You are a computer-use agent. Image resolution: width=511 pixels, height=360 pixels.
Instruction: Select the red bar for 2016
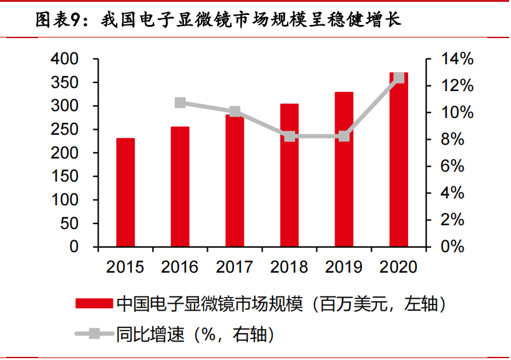180,187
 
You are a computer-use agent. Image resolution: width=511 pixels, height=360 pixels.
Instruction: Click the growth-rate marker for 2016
180,103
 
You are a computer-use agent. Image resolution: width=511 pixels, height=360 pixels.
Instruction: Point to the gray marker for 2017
235,112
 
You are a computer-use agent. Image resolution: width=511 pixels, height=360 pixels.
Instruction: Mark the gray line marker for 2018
290,136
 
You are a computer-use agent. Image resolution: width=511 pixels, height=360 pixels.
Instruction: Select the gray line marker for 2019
344,136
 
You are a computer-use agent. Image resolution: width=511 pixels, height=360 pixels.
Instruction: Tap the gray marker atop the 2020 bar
399,78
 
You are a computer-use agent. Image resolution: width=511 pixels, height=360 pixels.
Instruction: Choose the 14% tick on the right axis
457,59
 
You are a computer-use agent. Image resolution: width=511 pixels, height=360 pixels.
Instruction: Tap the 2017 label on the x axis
235,267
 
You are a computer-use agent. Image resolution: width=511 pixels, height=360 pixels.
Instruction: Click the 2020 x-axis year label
399,267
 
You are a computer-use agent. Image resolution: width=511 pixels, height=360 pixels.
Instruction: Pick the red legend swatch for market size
94,303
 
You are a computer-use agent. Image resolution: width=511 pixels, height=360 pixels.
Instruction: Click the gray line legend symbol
94,334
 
